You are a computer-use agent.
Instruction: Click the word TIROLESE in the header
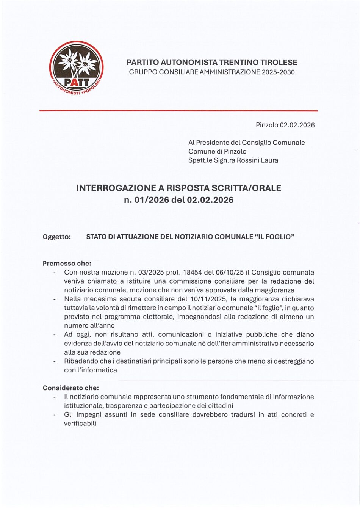[x=278, y=63]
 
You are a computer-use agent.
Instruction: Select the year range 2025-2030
[x=278, y=72]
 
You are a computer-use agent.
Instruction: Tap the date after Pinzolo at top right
[x=297, y=125]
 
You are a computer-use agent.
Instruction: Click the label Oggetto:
[x=57, y=237]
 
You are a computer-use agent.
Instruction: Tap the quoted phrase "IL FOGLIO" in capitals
[x=275, y=237]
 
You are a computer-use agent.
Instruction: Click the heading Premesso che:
[x=67, y=263]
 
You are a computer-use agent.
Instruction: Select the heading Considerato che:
[x=70, y=388]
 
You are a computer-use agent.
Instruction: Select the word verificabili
[x=80, y=423]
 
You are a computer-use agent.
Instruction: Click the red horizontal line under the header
[x=178, y=111]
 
